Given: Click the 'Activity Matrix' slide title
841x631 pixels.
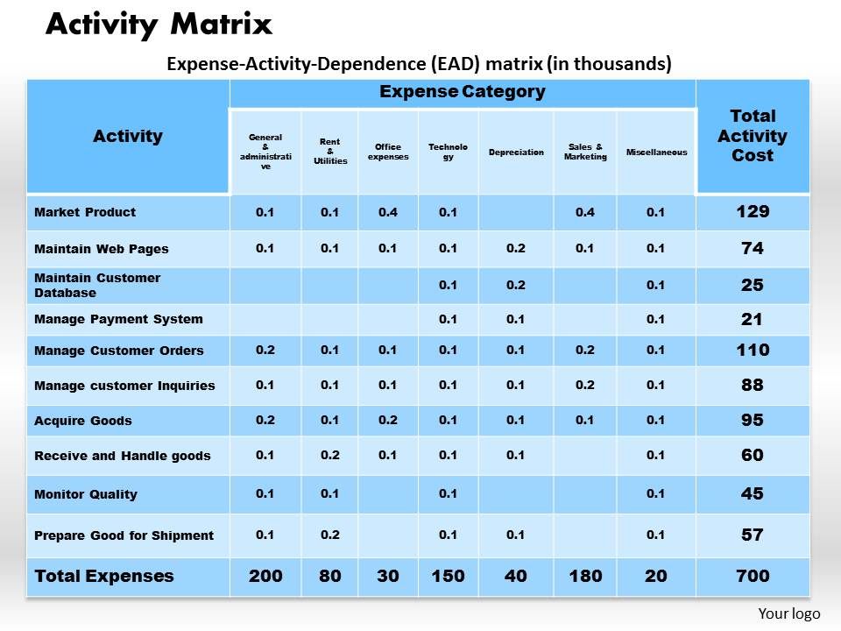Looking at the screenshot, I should click(x=159, y=25).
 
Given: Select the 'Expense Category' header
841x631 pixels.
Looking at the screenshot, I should click(x=462, y=91).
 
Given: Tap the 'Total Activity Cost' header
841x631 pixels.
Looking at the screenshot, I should click(x=753, y=136).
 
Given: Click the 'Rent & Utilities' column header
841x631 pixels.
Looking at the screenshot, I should click(x=329, y=152).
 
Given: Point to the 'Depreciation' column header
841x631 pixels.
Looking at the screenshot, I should click(x=516, y=152).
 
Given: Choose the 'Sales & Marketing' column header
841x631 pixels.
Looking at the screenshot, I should click(x=585, y=152).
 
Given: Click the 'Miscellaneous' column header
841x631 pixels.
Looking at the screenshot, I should click(x=656, y=152).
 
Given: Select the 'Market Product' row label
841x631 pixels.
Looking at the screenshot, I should click(x=85, y=212).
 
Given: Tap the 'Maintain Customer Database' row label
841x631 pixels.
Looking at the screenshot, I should click(x=97, y=285).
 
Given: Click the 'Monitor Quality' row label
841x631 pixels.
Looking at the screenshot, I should click(x=86, y=494).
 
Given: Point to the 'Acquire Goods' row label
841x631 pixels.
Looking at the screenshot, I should click(x=83, y=421).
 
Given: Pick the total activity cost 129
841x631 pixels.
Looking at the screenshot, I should click(x=753, y=212).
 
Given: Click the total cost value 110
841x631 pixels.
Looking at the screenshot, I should click(x=753, y=351).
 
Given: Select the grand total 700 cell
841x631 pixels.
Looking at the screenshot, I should click(x=753, y=576).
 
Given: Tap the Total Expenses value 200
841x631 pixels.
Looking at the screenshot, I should click(x=265, y=576).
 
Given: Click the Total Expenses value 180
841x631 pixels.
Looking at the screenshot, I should click(x=585, y=576).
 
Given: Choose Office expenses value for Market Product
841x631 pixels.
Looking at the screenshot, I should click(x=388, y=212).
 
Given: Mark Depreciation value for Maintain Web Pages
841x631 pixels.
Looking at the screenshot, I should click(x=516, y=248).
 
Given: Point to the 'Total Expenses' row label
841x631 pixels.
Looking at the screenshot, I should click(x=104, y=576).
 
